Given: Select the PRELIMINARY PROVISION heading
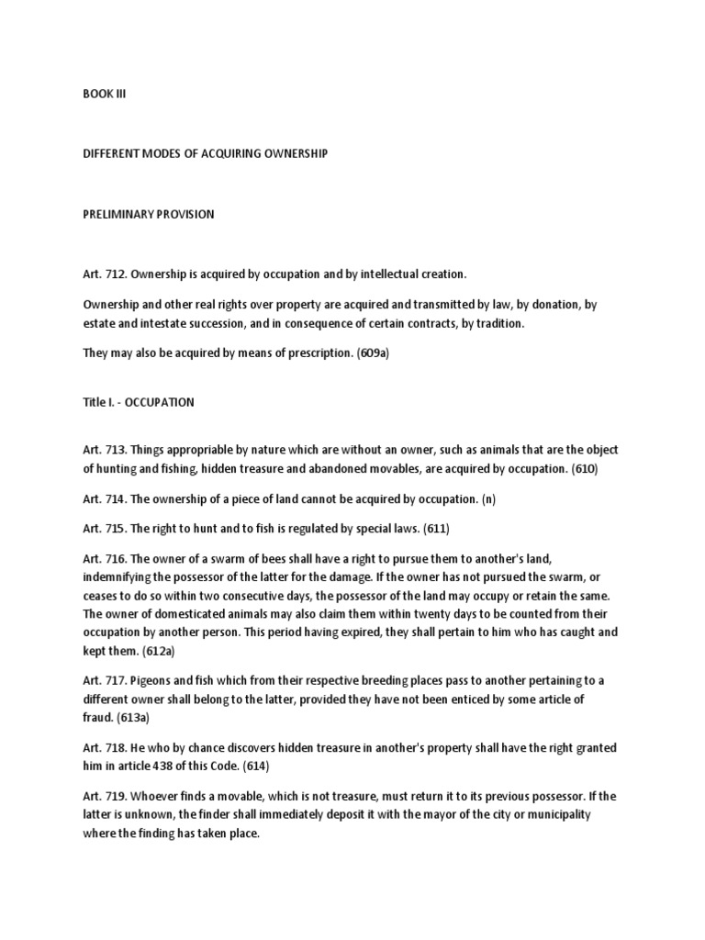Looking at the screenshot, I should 148,214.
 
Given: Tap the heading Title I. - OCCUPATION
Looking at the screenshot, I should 138,402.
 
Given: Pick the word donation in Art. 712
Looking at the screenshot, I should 563,303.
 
